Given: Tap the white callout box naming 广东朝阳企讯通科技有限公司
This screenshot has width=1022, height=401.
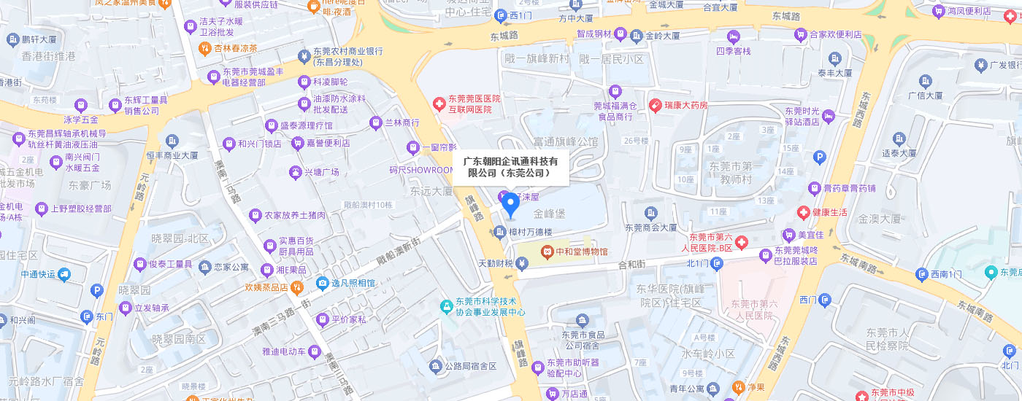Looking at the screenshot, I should [510, 167].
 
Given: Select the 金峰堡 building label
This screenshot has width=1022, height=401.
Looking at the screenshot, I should [549, 214].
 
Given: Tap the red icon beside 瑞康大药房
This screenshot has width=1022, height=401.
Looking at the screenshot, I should [656, 105].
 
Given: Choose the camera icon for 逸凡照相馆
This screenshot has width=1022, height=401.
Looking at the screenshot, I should [322, 283].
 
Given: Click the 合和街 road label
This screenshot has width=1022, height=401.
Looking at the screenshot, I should [632, 264].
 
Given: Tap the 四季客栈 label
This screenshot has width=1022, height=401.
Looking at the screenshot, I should [733, 52].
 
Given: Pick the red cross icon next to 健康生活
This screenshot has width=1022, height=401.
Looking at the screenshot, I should [804, 212].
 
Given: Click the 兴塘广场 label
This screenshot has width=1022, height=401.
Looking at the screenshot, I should [322, 172].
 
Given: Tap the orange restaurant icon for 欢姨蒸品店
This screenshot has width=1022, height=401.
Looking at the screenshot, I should [296, 287].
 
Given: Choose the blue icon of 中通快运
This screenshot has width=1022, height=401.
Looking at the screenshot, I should [64, 274].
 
